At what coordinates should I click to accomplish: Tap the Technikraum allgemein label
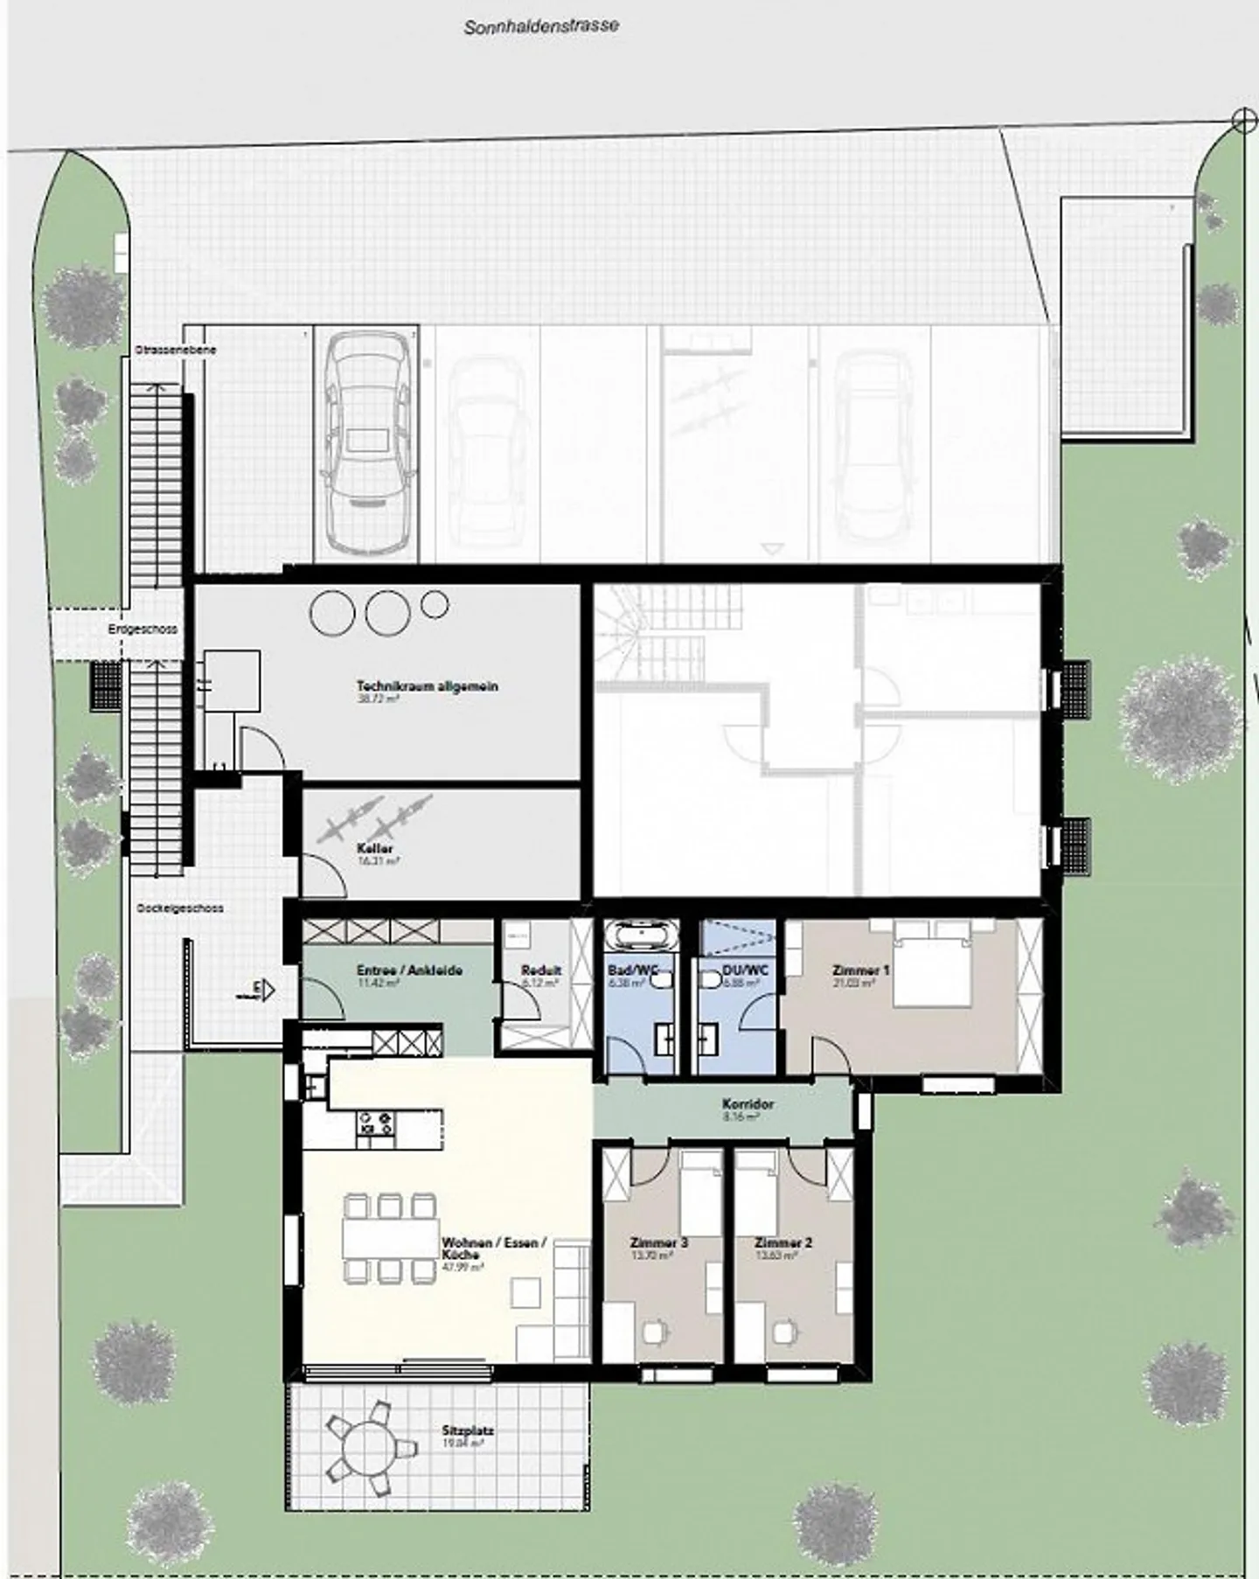click(427, 686)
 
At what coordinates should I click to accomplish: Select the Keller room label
click(375, 849)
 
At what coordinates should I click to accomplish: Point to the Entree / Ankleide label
click(409, 970)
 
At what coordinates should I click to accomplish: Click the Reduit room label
click(541, 970)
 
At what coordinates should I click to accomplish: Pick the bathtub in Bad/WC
click(643, 936)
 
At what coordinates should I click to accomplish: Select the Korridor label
click(748, 1104)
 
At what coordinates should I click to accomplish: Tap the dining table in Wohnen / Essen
click(391, 1238)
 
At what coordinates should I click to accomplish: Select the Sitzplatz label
click(468, 1432)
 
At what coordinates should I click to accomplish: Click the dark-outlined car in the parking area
click(366, 446)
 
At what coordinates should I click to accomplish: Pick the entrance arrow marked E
click(264, 991)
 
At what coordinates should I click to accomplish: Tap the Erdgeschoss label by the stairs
click(143, 630)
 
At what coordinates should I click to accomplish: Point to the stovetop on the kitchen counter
click(376, 1123)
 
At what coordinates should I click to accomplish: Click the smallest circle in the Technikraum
click(435, 603)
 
